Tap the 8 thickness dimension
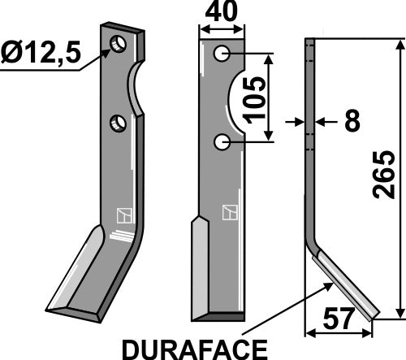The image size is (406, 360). click(352, 122)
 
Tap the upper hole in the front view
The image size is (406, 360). click(220, 54)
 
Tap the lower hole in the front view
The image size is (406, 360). click(220, 142)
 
